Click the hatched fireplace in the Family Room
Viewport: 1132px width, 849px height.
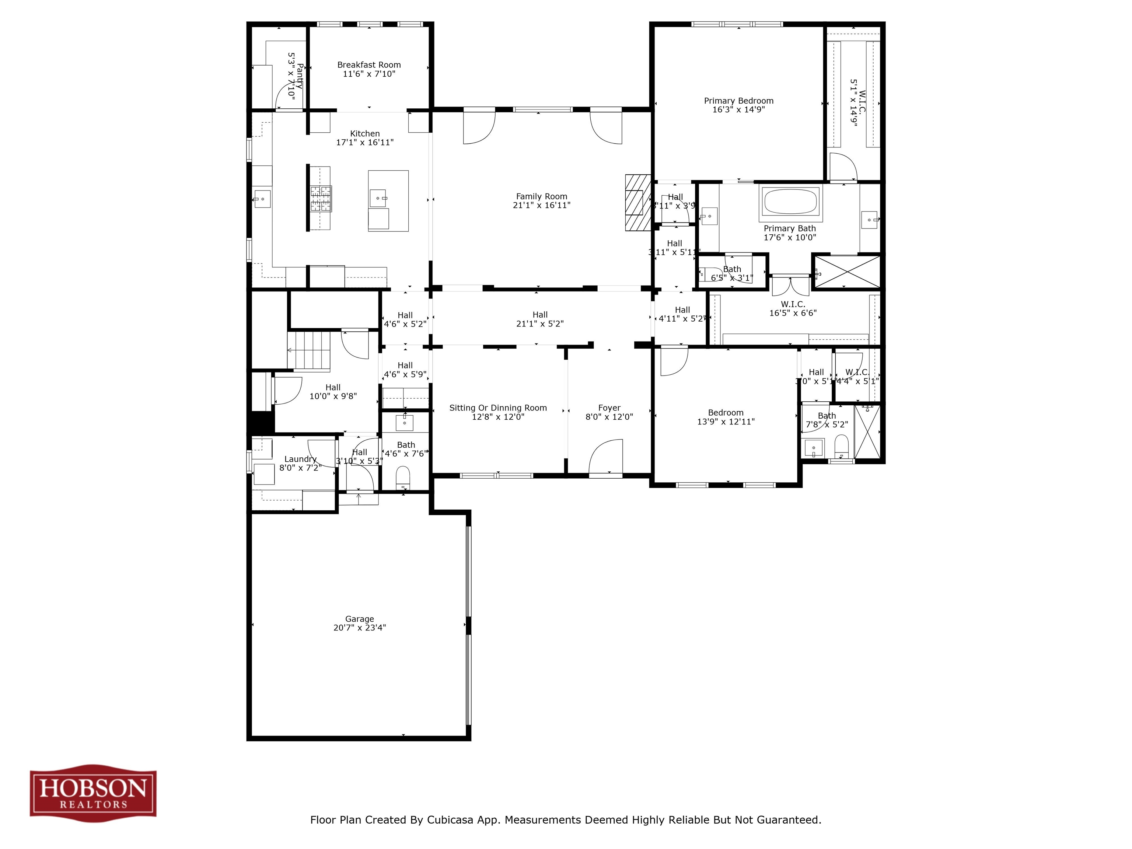click(x=637, y=203)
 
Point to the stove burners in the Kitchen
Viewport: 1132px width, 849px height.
click(x=321, y=199)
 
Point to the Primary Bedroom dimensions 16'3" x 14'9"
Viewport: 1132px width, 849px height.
click(x=738, y=109)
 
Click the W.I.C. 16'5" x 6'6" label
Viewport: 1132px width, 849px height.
click(x=793, y=308)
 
